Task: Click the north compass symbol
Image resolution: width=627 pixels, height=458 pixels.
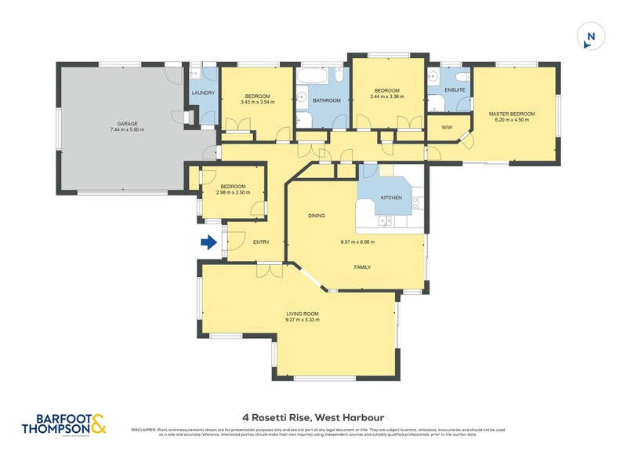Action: point(591,36)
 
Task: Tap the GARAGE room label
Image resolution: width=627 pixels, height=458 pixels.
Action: point(127,123)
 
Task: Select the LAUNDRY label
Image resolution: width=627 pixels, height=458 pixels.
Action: point(203,93)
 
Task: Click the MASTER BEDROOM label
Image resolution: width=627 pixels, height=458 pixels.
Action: point(512,114)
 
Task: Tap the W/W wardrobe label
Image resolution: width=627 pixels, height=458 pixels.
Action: point(447,127)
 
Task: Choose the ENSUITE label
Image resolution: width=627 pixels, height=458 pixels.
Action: point(455,90)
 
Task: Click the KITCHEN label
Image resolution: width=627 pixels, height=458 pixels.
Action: point(391,198)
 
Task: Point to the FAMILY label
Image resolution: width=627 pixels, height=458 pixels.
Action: point(361,267)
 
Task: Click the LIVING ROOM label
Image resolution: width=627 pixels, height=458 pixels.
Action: point(302,313)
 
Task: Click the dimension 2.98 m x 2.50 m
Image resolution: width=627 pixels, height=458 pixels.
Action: point(234,192)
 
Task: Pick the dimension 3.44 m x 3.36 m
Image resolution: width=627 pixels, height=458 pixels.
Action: point(387,97)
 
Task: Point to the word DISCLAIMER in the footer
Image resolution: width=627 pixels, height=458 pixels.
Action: point(145,431)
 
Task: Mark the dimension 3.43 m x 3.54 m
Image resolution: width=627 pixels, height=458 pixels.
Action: point(257,102)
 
